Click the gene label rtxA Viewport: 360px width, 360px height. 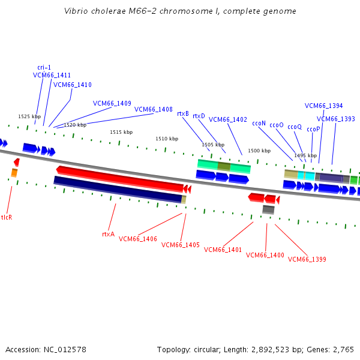(x=108, y=234)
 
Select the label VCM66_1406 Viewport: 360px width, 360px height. (x=138, y=239)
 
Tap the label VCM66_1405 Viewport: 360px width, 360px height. (x=181, y=245)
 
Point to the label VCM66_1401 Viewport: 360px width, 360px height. (x=223, y=250)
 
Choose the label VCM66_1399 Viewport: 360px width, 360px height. (x=307, y=259)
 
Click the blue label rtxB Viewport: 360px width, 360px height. (x=183, y=113)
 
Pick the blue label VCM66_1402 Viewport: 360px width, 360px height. (x=228, y=119)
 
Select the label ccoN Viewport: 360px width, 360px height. (x=259, y=122)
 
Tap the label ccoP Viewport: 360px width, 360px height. (x=313, y=129)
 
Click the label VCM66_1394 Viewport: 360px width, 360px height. (x=324, y=106)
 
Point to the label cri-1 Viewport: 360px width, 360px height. (x=44, y=67)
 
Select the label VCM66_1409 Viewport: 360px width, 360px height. (x=112, y=103)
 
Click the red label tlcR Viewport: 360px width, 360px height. (x=7, y=217)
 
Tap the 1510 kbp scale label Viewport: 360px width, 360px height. (x=167, y=139)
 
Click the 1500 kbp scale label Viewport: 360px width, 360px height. (x=259, y=151)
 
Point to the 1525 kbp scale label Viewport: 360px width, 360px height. (x=29, y=116)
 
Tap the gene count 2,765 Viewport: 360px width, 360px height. (x=344, y=349)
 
